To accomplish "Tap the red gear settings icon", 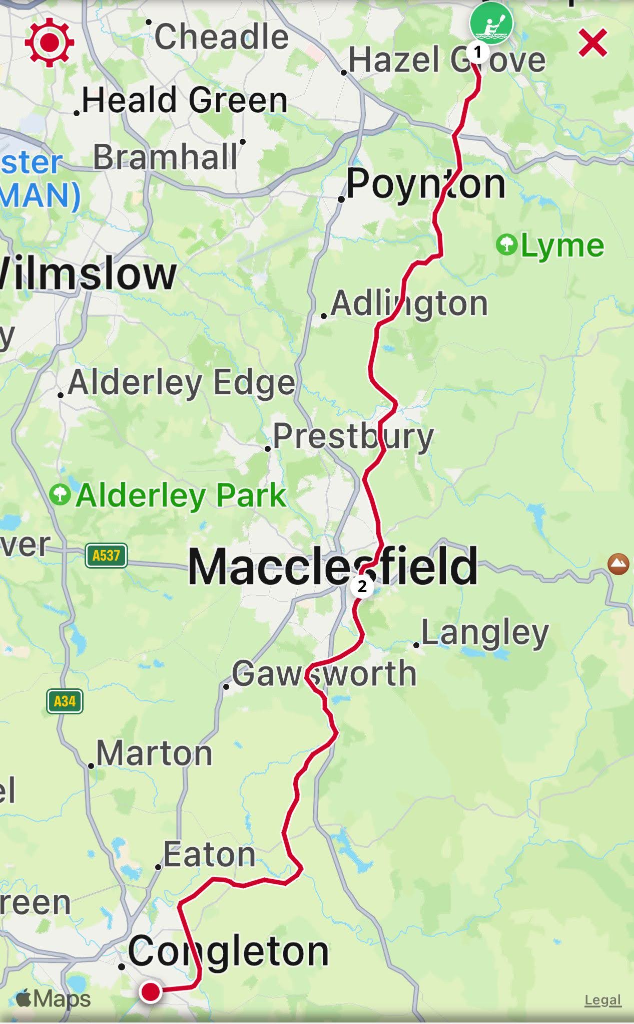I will (x=49, y=43).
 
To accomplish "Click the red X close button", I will (x=593, y=43).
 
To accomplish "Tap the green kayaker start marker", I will (x=491, y=23).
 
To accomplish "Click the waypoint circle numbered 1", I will (x=477, y=52).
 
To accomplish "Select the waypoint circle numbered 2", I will (x=362, y=586).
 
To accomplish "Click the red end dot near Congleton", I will (x=150, y=991).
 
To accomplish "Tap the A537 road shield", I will (x=106, y=555).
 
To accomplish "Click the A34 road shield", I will (x=65, y=701).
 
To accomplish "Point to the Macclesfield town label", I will (x=333, y=567).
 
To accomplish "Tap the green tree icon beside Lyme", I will (x=507, y=244).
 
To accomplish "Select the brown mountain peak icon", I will (x=618, y=564).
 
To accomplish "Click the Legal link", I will (x=602, y=1000).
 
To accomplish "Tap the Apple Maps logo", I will (x=53, y=998).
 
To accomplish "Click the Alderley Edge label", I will (x=181, y=383).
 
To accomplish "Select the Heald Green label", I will (x=184, y=100).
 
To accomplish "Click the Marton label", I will (x=154, y=753).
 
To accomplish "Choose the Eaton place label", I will (x=209, y=854).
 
